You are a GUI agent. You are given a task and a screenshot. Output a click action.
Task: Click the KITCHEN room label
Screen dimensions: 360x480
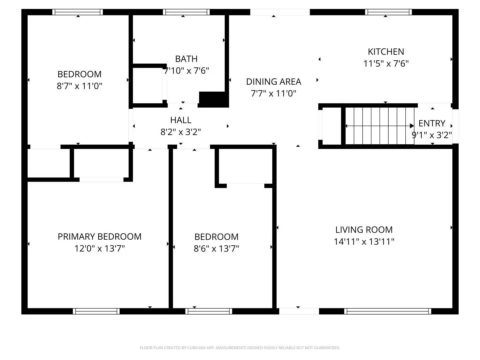pyautogui.click(x=386, y=52)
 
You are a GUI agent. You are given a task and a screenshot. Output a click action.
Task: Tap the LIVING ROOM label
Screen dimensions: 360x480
pyautogui.click(x=364, y=230)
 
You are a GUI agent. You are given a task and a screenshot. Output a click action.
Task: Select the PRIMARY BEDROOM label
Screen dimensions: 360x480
pyautogui.click(x=99, y=237)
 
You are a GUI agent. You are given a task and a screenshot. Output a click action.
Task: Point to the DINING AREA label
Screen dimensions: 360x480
pyautogui.click(x=273, y=82)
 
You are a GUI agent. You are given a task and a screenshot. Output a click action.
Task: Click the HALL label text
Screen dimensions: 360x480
pyautogui.click(x=181, y=120)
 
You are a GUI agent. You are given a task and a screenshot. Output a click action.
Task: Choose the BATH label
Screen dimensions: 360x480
pyautogui.click(x=186, y=59)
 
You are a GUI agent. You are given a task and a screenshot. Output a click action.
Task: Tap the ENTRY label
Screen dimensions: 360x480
pyautogui.click(x=432, y=123)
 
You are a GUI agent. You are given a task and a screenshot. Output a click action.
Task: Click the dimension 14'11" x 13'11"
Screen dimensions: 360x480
pyautogui.click(x=364, y=242)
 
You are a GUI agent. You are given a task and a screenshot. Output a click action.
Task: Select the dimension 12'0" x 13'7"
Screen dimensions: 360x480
pyautogui.click(x=99, y=249)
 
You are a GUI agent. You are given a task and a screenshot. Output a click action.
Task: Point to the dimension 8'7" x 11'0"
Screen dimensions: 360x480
pyautogui.click(x=79, y=86)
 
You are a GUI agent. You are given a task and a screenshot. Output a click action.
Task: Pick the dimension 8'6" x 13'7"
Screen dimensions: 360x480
pyautogui.click(x=216, y=249)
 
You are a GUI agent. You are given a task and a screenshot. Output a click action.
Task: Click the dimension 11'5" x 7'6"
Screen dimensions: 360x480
pyautogui.click(x=386, y=64)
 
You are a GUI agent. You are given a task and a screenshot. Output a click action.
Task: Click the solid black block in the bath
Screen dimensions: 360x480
pyautogui.click(x=213, y=99)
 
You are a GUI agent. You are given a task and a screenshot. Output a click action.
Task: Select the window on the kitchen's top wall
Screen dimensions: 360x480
pyautogui.click(x=388, y=12)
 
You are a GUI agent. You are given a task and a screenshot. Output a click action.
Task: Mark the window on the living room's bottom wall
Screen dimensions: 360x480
pyautogui.click(x=387, y=311)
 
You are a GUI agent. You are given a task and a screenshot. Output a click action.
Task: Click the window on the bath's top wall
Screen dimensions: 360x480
pyautogui.click(x=186, y=12)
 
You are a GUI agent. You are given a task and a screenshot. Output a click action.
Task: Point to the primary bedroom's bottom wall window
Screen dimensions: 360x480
pyautogui.click(x=96, y=311)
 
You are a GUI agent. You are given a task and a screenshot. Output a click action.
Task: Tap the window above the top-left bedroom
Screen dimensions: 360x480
pyautogui.click(x=78, y=12)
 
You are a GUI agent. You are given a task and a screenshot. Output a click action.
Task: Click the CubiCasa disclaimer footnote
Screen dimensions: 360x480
pyautogui.click(x=240, y=348)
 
